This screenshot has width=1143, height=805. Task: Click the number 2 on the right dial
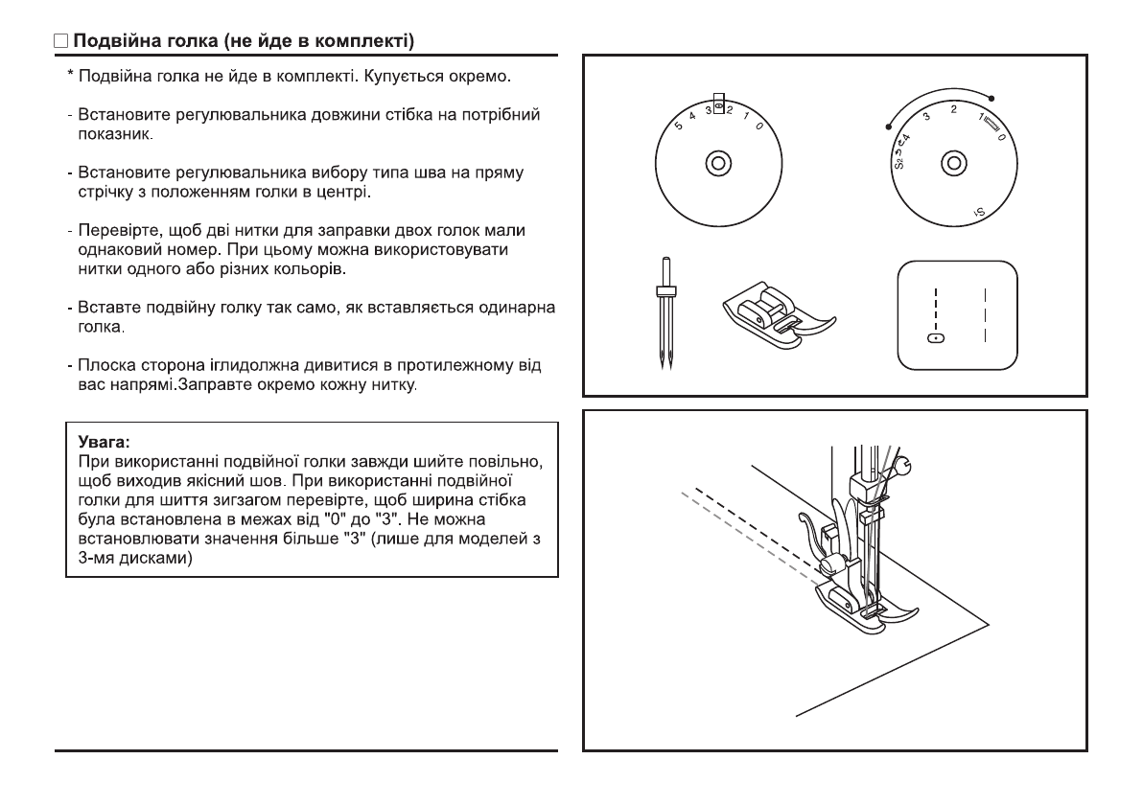tap(953, 109)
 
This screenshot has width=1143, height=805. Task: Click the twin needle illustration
tap(661, 316)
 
